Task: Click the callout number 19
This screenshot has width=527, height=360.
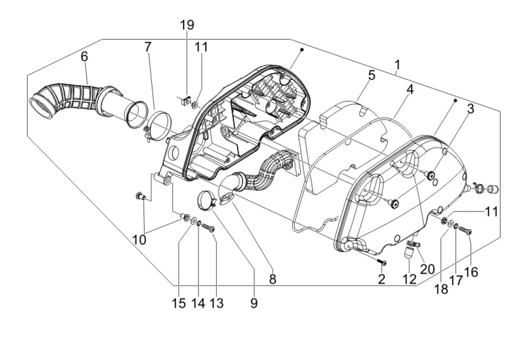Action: tap(187, 25)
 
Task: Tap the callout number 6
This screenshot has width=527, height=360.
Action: tap(84, 56)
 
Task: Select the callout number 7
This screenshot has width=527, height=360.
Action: tap(148, 47)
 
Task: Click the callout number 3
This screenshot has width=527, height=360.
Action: tap(471, 109)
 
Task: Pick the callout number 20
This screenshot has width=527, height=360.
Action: tap(427, 269)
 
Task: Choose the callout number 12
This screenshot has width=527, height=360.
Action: tap(409, 279)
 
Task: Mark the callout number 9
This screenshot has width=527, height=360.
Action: tap(254, 303)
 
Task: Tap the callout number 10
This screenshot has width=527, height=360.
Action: tap(139, 240)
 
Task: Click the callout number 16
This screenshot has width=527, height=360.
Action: tap(471, 272)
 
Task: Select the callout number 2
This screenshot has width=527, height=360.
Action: tap(381, 279)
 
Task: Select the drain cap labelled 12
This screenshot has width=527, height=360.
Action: tap(408, 253)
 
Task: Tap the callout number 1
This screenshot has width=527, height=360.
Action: tap(397, 65)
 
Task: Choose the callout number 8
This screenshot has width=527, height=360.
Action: tap(272, 279)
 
